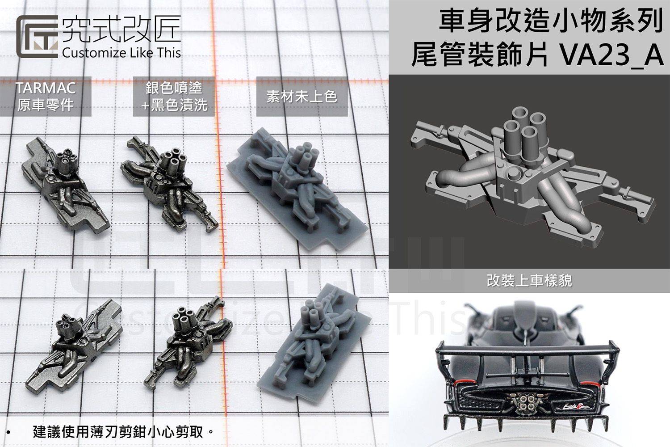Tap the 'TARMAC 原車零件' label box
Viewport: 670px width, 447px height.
coord(46,97)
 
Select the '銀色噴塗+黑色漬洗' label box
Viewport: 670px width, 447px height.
coord(174,96)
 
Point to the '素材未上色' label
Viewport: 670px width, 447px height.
coord(301,97)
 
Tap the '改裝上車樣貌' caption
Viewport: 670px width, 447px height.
coord(529,281)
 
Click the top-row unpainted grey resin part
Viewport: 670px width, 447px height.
coord(297,188)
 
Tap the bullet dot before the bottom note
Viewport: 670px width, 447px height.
coord(9,433)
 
